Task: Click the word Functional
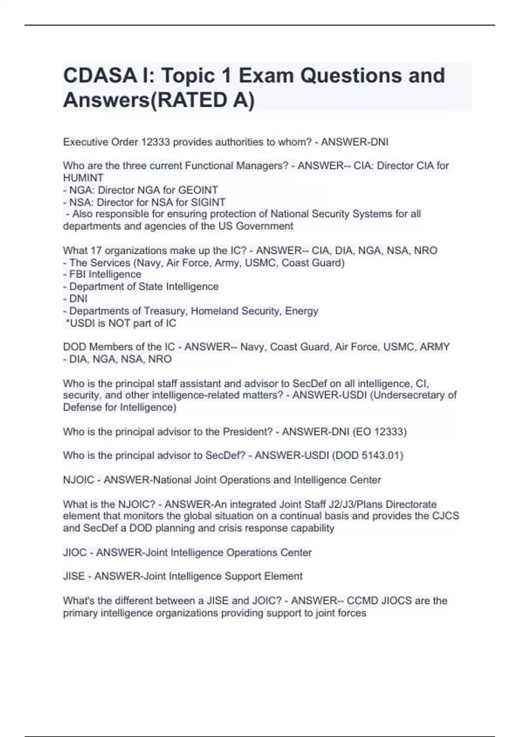209,166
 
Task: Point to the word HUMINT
83,178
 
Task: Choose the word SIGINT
208,202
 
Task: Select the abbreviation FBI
77,274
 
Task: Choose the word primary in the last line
80,613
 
